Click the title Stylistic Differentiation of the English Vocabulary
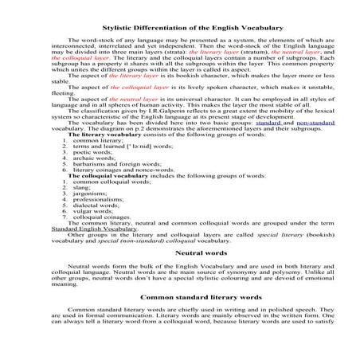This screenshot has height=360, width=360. click(x=180, y=29)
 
